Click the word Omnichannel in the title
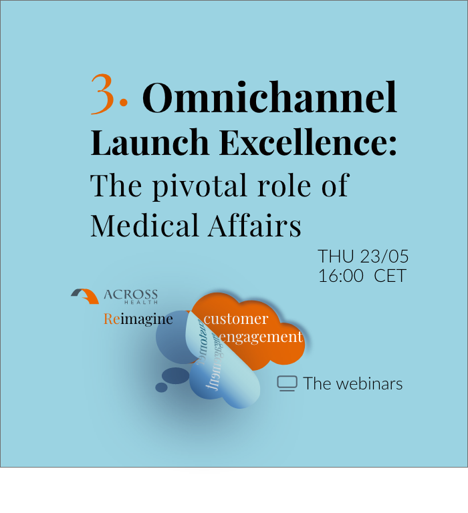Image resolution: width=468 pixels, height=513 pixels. click(269, 98)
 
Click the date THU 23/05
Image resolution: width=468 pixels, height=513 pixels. click(363, 256)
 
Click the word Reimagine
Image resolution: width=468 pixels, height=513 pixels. click(138, 319)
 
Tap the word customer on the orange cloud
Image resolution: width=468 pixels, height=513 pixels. click(236, 319)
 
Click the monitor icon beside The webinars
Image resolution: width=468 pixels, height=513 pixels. click(287, 383)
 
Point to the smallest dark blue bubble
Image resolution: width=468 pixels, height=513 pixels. click(161, 387)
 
